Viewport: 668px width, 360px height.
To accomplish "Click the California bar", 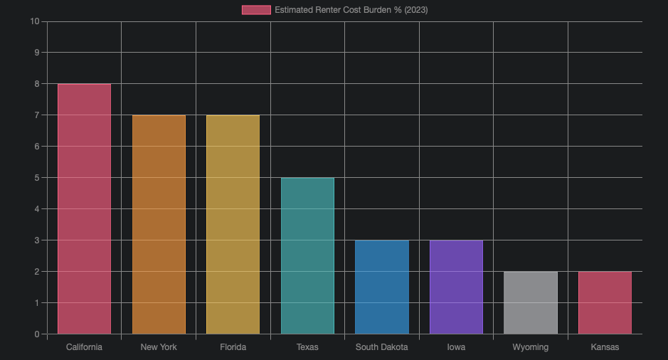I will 84,209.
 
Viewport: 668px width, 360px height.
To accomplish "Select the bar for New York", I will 159,225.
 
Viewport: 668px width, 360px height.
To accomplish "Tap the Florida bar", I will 233,225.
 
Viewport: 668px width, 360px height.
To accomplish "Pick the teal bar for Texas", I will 307,256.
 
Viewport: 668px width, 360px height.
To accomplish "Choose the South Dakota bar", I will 382,287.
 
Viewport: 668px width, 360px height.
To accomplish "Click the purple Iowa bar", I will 456,287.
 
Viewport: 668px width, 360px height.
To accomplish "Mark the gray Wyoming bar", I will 531,303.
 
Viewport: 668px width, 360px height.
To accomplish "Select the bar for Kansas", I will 605,303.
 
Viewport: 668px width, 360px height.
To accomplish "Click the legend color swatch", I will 256,10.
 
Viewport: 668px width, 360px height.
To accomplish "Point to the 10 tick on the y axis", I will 35,21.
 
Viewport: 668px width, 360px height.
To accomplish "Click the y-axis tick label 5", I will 36,178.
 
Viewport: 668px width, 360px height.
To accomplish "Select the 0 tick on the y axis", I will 36,334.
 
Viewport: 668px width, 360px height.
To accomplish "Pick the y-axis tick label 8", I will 36,84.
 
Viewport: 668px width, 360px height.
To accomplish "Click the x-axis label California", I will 84,347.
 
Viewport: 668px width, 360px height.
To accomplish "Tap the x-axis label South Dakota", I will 382,347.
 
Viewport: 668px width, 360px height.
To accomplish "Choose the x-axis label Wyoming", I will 531,347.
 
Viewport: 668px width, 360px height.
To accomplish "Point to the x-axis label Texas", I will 307,347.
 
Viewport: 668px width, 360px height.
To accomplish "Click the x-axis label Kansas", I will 605,347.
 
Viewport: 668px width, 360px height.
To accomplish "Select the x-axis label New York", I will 159,347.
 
